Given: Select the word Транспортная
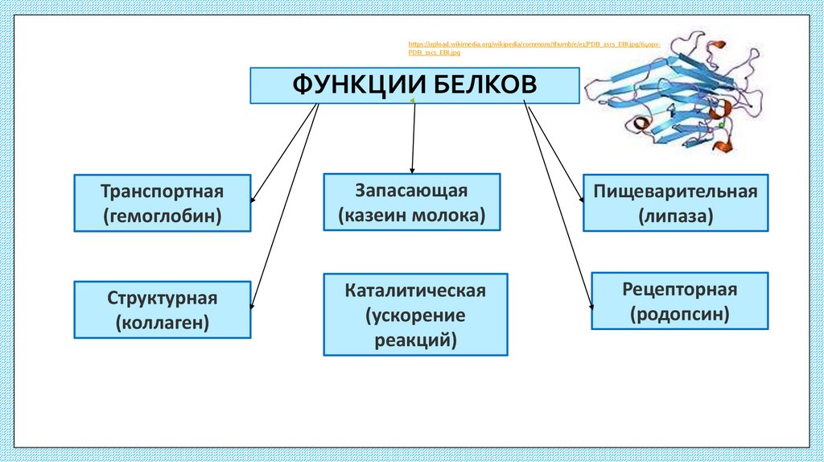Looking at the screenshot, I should pyautogui.click(x=162, y=192).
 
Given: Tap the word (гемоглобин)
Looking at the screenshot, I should pyautogui.click(x=162, y=217).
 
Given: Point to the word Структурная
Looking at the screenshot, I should pyautogui.click(x=162, y=299).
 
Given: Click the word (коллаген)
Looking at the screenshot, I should pyautogui.click(x=162, y=323).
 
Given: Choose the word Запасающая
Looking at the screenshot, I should pyautogui.click(x=411, y=191).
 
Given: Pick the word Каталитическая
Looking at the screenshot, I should pyautogui.click(x=415, y=290).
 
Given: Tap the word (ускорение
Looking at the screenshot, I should pyautogui.click(x=415, y=315).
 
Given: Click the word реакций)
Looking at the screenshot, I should pyautogui.click(x=415, y=340).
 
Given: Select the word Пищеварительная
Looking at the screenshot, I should pyautogui.click(x=675, y=192).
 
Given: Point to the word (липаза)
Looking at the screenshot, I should pyautogui.click(x=675, y=217).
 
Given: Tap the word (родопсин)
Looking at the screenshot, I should pyautogui.click(x=679, y=314).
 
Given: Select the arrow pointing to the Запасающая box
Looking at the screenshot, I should pyautogui.click(x=414, y=137).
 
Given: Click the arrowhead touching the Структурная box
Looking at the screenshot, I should pyautogui.click(x=253, y=304).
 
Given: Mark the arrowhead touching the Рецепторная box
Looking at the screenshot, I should pyautogui.click(x=592, y=303).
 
